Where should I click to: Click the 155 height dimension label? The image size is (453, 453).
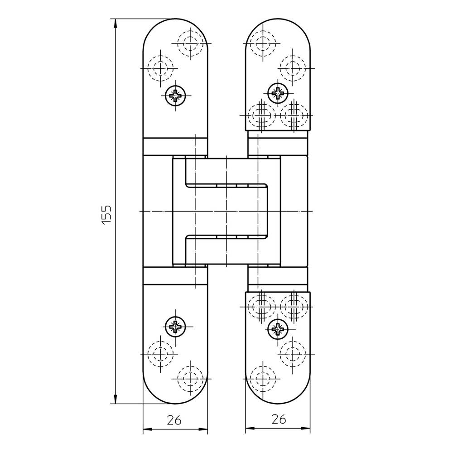106,214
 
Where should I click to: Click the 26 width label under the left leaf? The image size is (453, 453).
174,420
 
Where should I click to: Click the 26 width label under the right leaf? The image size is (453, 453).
279,419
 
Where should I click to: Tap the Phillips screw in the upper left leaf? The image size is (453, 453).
175,95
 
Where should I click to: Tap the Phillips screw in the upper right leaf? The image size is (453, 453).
278,93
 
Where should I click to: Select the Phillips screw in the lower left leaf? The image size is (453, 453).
175,327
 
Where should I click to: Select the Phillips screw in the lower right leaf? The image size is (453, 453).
278,329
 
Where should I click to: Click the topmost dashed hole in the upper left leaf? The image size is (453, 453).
190,43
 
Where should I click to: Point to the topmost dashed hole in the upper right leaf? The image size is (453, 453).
263,43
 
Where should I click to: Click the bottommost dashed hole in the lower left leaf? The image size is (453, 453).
190,378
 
